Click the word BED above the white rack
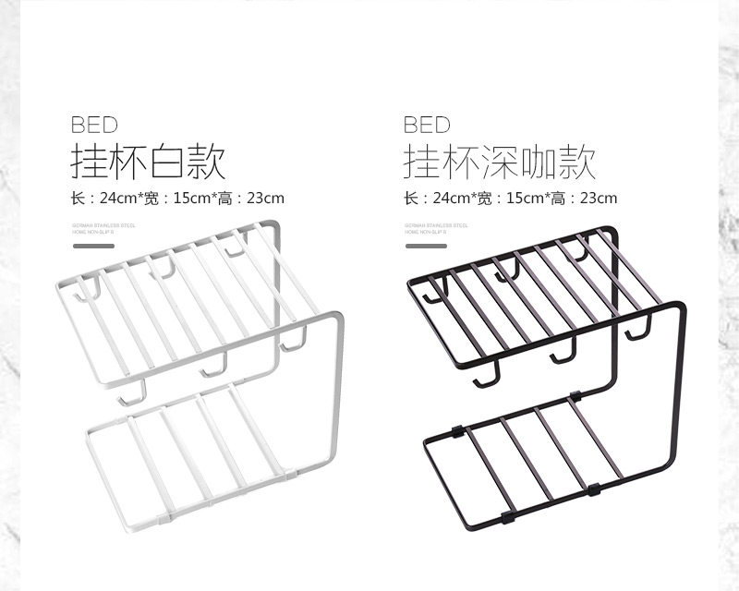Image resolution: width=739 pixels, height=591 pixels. coord(94,125)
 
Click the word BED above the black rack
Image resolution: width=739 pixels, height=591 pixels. coord(427,125)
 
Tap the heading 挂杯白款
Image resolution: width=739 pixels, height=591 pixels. coord(148,163)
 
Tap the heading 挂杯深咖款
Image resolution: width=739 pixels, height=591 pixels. coord(500,163)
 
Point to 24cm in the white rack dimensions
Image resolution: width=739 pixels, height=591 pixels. coord(118,198)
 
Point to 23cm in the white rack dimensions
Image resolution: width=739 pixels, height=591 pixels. coord(263,198)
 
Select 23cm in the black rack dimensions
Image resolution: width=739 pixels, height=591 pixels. coord(597,198)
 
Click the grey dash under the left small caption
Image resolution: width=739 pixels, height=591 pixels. coord(92,246)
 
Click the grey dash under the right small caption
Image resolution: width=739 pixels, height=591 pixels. coord(425,246)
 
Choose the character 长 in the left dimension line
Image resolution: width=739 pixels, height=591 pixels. coord(78,198)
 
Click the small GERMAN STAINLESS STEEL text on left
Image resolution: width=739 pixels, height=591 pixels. coord(103,224)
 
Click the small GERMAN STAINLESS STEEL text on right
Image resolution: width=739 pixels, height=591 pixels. coord(436,224)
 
